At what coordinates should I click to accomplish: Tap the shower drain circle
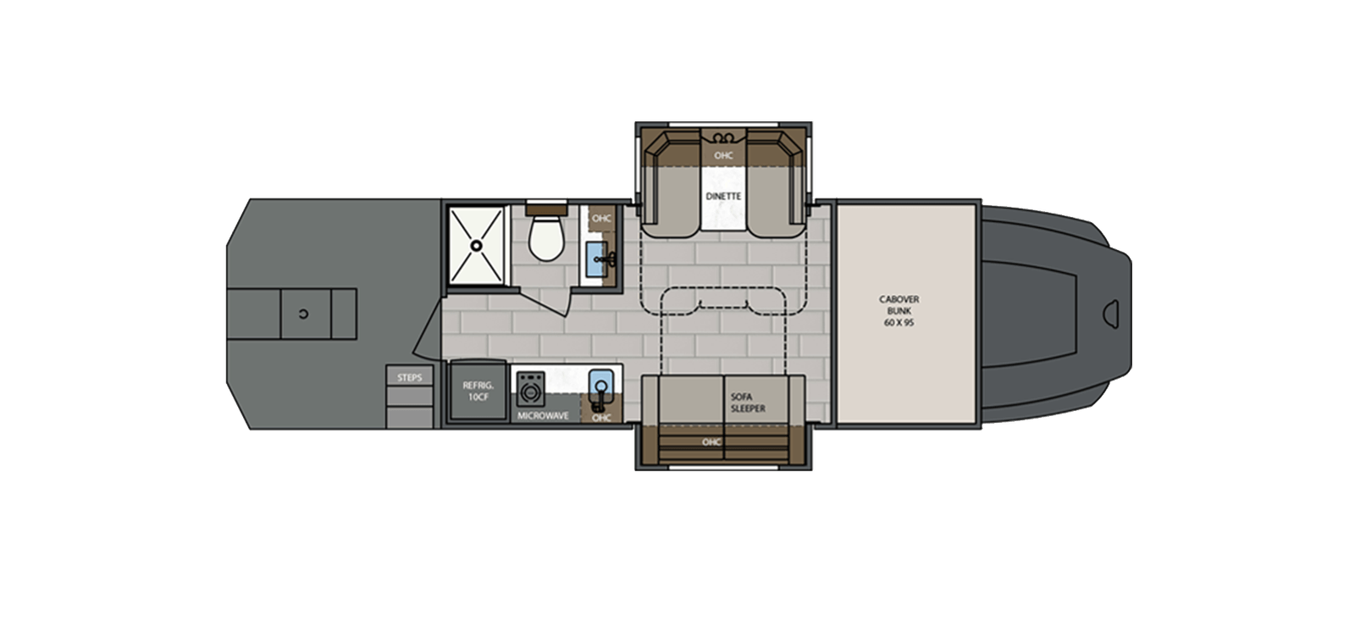477,246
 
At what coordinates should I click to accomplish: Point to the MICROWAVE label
543,416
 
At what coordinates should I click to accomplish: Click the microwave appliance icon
532,392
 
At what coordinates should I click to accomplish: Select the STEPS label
409,377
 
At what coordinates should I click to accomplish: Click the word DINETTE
723,196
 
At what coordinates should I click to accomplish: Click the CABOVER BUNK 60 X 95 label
899,311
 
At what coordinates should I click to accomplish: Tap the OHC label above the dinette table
722,156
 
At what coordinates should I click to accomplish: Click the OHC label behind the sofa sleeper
711,441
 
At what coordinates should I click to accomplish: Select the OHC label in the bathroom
601,218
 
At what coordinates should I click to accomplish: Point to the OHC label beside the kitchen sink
601,417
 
